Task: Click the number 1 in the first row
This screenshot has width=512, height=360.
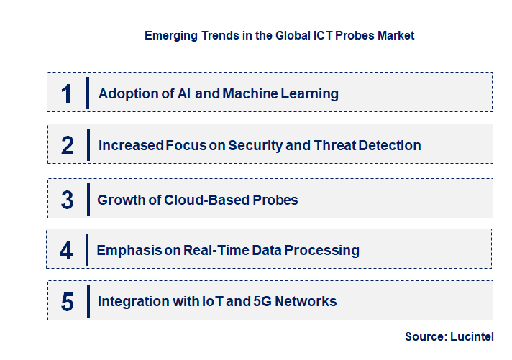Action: click(x=67, y=93)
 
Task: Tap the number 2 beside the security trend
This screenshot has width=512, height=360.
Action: click(x=68, y=145)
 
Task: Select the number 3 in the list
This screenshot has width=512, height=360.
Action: click(x=67, y=200)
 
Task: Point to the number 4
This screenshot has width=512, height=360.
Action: click(x=67, y=250)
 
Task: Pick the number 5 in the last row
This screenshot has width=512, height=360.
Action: click(x=67, y=301)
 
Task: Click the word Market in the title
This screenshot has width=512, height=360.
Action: click(x=395, y=34)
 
